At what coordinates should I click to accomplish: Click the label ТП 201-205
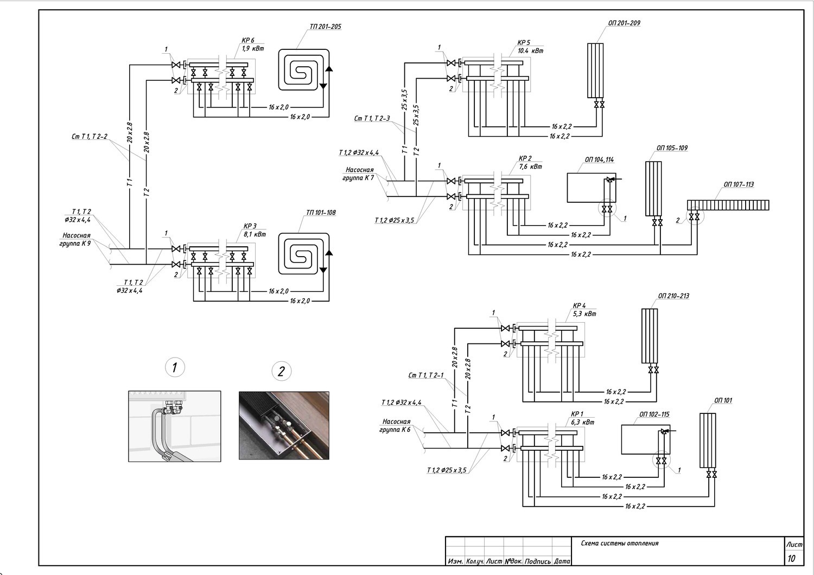click(325, 27)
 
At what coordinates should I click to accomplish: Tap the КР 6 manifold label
click(248, 40)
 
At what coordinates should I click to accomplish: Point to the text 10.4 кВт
click(531, 51)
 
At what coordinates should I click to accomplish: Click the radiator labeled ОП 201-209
click(595, 71)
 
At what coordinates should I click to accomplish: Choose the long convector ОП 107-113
click(728, 205)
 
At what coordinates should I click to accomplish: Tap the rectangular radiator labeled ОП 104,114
click(592, 188)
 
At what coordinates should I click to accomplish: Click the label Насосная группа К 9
click(75, 239)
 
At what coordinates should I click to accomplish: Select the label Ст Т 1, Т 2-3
click(372, 118)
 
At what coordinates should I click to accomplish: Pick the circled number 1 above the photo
click(175, 368)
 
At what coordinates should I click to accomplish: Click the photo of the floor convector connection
click(284, 425)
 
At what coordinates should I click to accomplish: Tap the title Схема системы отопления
click(620, 544)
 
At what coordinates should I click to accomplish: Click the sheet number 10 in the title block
click(791, 558)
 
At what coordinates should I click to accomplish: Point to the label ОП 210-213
click(673, 296)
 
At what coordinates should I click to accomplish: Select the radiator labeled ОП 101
click(708, 440)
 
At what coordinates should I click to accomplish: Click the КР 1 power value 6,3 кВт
click(582, 422)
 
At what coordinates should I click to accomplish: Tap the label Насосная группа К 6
click(396, 425)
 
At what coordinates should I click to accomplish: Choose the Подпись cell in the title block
click(537, 561)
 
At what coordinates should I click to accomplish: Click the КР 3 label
click(250, 226)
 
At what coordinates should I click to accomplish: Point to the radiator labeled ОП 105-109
click(653, 189)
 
